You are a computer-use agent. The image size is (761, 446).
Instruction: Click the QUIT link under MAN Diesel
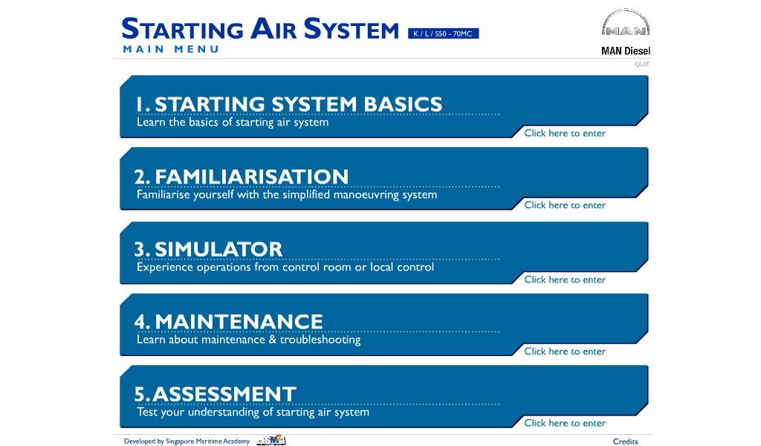tap(641, 64)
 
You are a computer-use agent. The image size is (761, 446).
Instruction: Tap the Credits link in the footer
tap(625, 441)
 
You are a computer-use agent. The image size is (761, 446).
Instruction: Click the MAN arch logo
tap(626, 22)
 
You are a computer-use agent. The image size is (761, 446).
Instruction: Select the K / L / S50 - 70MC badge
tap(443, 33)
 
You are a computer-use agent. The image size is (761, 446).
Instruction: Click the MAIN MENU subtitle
tap(171, 49)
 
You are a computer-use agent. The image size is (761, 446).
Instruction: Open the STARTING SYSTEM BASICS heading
tap(289, 104)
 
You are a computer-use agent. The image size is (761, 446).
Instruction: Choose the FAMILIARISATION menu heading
tap(242, 176)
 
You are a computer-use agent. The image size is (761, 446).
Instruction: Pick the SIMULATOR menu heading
tap(208, 249)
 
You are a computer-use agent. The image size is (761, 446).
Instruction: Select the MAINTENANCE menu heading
tap(229, 321)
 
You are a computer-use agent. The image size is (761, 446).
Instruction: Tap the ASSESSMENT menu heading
tap(215, 393)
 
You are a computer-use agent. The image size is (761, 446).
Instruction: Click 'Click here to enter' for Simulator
tap(565, 279)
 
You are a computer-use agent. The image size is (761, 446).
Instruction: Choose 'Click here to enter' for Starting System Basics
tap(565, 133)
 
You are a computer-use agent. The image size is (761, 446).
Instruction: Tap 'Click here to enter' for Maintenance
tap(565, 352)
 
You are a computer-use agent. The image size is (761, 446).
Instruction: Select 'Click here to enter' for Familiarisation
tap(565, 205)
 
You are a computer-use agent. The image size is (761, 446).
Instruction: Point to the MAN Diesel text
tap(626, 51)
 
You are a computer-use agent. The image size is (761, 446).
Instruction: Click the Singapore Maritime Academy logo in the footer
tap(271, 440)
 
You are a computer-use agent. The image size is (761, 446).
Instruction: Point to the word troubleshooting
tap(320, 340)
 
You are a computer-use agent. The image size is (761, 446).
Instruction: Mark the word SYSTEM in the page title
tap(352, 29)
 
